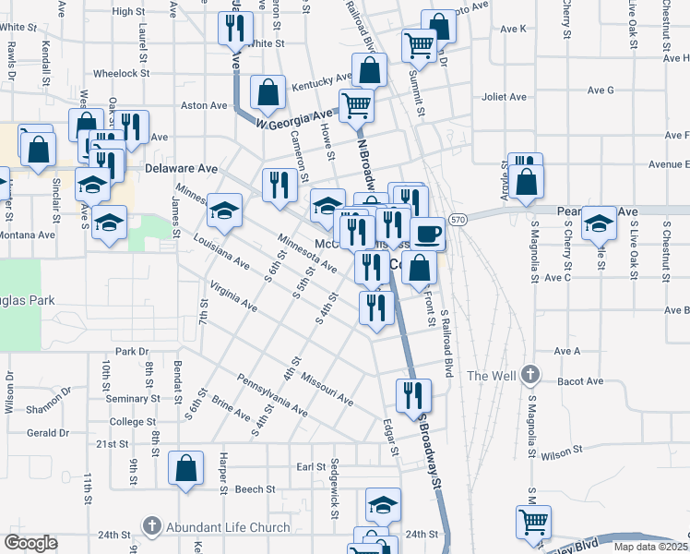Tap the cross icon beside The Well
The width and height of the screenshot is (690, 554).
click(x=529, y=375)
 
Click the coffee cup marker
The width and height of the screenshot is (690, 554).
click(x=427, y=234)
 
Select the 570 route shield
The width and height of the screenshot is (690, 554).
click(x=458, y=220)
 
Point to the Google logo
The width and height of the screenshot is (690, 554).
click(x=30, y=543)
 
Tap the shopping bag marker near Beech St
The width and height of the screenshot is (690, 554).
click(x=185, y=467)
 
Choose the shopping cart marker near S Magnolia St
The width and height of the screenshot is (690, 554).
click(x=532, y=522)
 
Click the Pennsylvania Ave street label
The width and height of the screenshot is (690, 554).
click(x=271, y=393)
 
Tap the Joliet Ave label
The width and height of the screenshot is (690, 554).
click(x=504, y=97)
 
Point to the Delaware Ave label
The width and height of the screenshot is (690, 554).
click(x=182, y=169)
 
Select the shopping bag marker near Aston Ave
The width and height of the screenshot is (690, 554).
click(x=268, y=91)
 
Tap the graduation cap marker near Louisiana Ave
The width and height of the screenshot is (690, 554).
click(x=224, y=211)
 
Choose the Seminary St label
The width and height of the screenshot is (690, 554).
click(x=133, y=399)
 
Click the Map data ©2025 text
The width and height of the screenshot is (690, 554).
click(x=650, y=547)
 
